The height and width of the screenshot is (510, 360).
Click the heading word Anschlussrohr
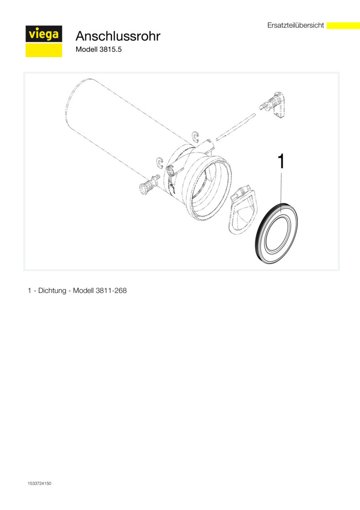click(x=118, y=36)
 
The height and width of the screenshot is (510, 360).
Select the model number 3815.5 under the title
click(x=110, y=50)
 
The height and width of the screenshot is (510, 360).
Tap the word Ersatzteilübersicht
click(x=296, y=25)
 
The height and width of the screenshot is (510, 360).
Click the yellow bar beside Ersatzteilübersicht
click(x=343, y=25)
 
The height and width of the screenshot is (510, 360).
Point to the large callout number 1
click(x=281, y=161)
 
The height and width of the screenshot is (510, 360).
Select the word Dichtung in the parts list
click(x=52, y=290)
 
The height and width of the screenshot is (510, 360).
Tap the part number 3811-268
click(x=111, y=290)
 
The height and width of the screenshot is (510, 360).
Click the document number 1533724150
click(x=40, y=484)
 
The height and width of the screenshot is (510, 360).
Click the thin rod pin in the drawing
click(x=236, y=127)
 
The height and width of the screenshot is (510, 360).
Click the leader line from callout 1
click(x=281, y=192)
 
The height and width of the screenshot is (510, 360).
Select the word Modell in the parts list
click(x=83, y=290)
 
